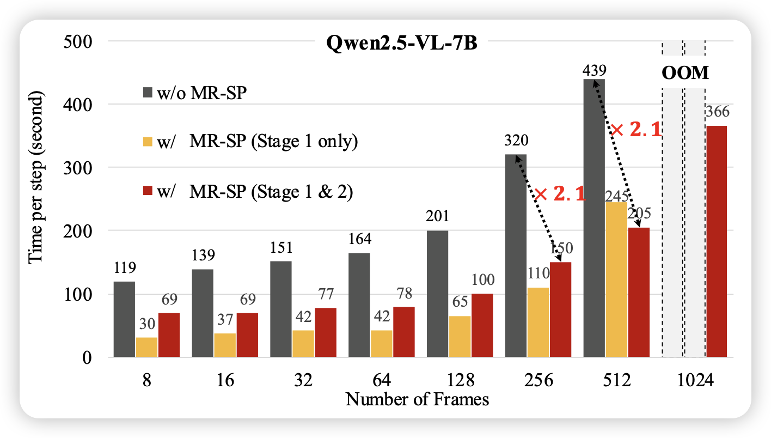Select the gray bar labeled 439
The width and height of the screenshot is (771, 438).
[593, 218]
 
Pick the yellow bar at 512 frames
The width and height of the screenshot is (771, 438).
[616, 280]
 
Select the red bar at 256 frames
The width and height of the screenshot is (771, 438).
[560, 309]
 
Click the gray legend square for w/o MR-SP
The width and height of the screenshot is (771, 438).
[146, 94]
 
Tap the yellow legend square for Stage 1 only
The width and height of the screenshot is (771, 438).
[146, 143]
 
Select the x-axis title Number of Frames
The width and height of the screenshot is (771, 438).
[417, 399]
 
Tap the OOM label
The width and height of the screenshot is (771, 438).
[685, 73]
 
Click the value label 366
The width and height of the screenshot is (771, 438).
[717, 112]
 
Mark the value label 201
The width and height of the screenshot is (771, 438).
[437, 216]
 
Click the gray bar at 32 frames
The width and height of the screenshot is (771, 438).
[280, 309]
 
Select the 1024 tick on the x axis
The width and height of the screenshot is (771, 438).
[695, 380]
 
